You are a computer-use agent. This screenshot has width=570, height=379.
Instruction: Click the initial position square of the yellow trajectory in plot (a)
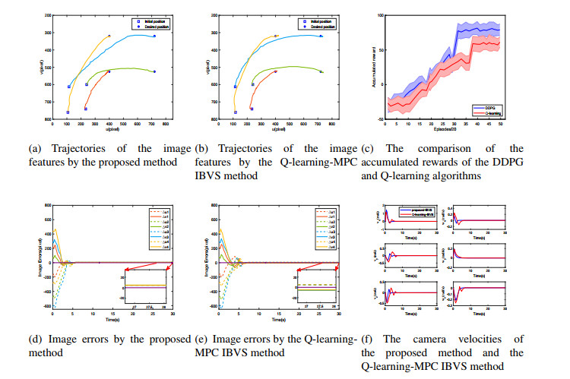point(68,112)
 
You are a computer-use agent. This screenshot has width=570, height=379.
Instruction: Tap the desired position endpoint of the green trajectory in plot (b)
point(321,71)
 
